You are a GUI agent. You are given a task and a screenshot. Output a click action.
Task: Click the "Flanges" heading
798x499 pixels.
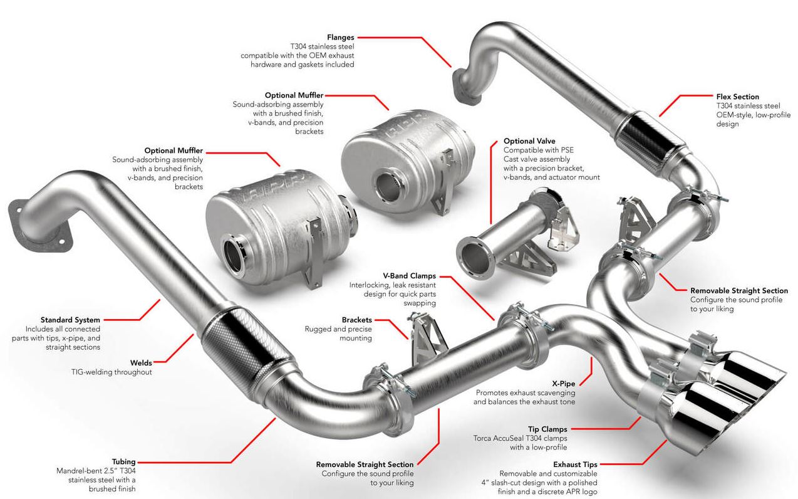[x=340, y=37]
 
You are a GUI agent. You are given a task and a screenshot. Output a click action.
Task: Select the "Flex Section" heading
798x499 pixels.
[x=737, y=97]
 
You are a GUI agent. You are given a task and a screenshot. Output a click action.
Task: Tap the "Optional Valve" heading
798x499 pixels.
[x=529, y=141]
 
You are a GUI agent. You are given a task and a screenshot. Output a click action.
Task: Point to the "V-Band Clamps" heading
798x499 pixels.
[x=409, y=276]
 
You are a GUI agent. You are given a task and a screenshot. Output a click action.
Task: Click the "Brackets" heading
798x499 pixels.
[x=356, y=320]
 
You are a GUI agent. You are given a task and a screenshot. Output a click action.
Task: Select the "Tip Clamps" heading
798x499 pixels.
[x=547, y=429]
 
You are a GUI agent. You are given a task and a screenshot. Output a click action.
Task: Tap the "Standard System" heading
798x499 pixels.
[x=70, y=320]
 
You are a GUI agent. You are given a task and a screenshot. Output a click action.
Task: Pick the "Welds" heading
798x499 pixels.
[x=140, y=362]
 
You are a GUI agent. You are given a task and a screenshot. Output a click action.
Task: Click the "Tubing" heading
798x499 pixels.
[x=123, y=461]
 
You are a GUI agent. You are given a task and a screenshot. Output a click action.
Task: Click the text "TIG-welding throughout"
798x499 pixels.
[x=111, y=372]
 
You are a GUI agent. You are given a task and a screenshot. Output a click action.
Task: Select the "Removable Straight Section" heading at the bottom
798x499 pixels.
[x=365, y=465]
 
